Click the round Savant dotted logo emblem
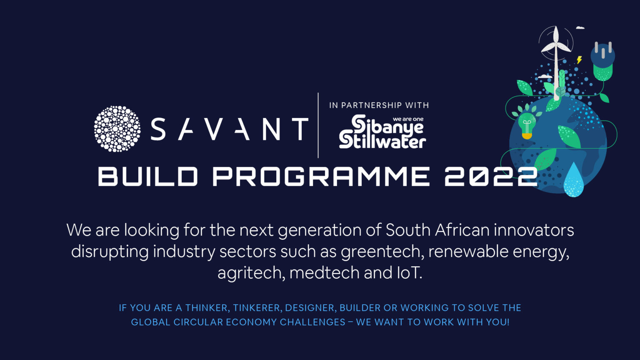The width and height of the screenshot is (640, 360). click(x=117, y=129)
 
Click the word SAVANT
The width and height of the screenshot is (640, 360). click(x=229, y=129)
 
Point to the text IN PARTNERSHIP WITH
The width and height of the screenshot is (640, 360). click(x=379, y=105)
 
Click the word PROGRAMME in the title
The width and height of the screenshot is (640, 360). click(x=321, y=177)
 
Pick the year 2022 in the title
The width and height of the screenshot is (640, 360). click(x=491, y=177)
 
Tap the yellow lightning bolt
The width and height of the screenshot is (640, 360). click(x=579, y=60)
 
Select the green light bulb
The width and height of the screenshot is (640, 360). click(x=527, y=123)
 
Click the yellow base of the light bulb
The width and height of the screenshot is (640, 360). click(x=527, y=135)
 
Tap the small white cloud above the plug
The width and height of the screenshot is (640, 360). click(x=580, y=28)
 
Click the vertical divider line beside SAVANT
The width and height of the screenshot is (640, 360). click(x=318, y=125)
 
